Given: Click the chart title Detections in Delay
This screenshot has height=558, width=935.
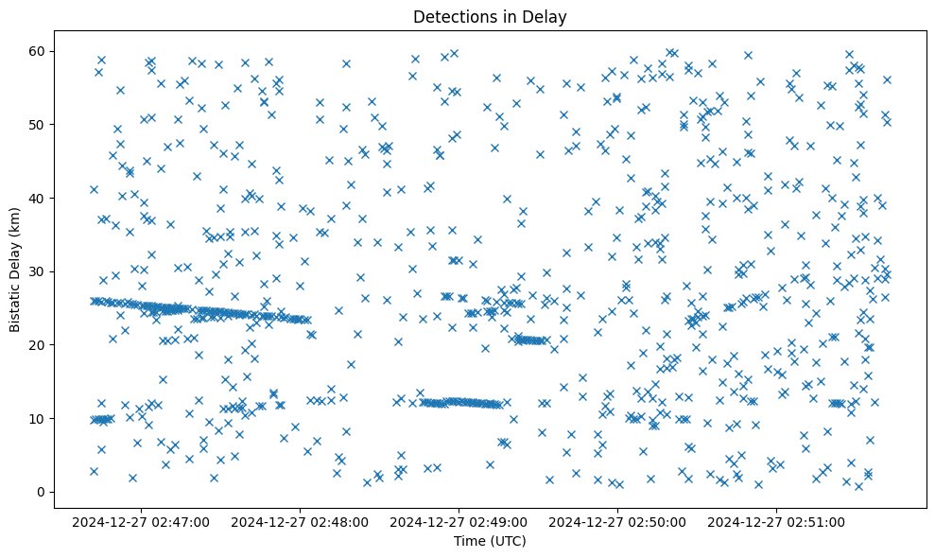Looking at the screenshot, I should [490, 16].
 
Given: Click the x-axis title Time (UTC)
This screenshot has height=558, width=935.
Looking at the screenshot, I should [490, 541].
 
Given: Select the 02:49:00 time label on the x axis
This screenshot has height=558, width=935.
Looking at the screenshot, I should [459, 521].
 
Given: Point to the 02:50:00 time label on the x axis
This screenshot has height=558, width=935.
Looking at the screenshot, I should [618, 521].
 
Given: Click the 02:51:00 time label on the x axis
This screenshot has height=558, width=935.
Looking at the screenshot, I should [777, 521].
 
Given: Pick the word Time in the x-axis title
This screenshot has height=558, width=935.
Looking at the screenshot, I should [469, 541].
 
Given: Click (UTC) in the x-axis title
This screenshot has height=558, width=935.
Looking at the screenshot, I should [507, 541].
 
